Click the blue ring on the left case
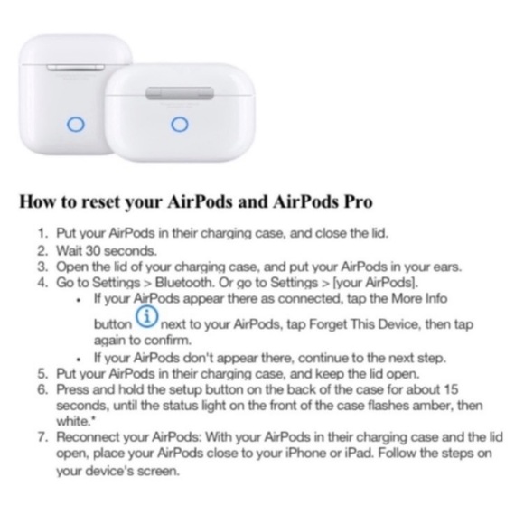[77, 125]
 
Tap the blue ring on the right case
[179, 125]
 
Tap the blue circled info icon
[146, 318]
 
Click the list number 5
[41, 372]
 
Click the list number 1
[41, 233]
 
